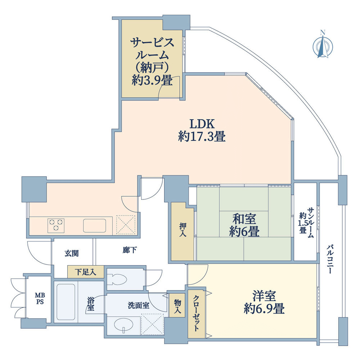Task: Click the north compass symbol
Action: pos(323,46)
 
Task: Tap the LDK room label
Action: pos(202,124)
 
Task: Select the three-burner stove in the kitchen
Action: pos(56,226)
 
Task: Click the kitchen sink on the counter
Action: pos(95,226)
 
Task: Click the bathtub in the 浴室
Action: pos(66,302)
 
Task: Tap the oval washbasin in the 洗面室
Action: pos(123,325)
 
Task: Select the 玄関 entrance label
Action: pos(72,253)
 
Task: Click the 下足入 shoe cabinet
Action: pos(86,272)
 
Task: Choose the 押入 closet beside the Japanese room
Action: pos(183,231)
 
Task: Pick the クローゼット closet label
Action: pos(196,313)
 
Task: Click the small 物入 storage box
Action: pos(177,305)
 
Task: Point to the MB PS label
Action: pos(40,298)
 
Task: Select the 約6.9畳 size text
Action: pos(264,309)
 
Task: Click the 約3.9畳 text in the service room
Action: pos(152,80)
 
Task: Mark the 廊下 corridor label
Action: pos(130,250)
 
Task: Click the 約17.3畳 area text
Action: pos(202,136)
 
